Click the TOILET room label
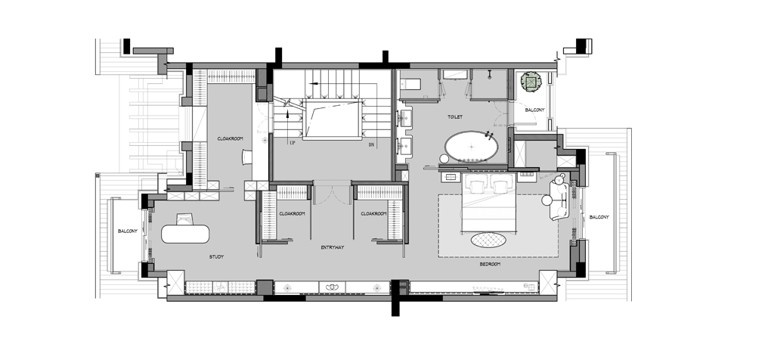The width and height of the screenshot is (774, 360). click(455, 117)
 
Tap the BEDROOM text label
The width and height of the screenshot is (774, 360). click(490, 264)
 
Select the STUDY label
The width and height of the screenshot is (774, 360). click(216, 257)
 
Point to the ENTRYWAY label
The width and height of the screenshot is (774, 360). click(333, 247)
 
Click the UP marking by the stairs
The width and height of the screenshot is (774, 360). click(293, 143)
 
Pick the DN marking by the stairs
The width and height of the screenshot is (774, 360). click(371, 144)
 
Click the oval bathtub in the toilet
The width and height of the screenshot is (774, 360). click(472, 147)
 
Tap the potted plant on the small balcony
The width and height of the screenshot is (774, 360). click(531, 82)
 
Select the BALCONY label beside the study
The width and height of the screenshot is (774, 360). click(128, 231)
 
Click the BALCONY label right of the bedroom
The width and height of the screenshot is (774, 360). click(599, 217)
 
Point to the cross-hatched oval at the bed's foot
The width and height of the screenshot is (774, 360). click(488, 240)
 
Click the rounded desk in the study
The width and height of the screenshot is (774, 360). click(185, 234)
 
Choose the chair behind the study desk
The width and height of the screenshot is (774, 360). click(184, 219)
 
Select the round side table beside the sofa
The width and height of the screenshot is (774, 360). click(547, 200)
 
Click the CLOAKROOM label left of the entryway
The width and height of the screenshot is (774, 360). click(292, 214)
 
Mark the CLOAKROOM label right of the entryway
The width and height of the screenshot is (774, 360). click(373, 214)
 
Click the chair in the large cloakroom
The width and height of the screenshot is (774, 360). click(247, 157)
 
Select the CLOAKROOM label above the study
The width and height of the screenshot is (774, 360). click(230, 138)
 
